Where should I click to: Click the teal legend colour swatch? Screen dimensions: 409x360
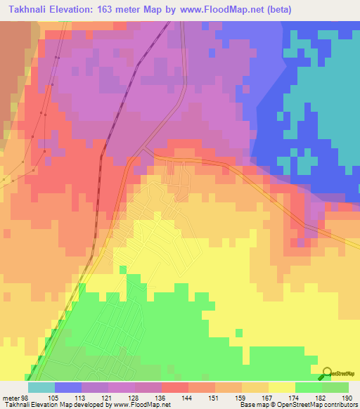pyautogui.click(x=41, y=387)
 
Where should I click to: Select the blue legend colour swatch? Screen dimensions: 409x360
pyautogui.click(x=67, y=387)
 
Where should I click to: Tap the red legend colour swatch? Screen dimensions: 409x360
pyautogui.click(x=174, y=387)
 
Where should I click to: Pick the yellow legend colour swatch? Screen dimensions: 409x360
pyautogui.click(x=281, y=387)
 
